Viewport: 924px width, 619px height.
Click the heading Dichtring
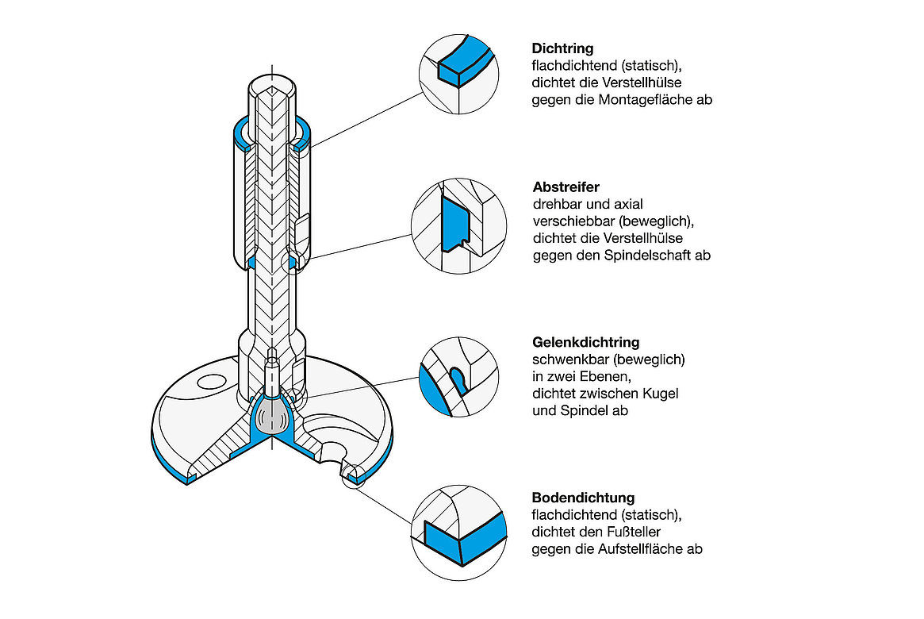click(562, 48)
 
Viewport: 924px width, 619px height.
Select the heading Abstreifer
click(566, 187)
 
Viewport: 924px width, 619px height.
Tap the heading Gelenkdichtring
click(585, 343)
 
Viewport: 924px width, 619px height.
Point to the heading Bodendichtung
click(583, 498)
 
